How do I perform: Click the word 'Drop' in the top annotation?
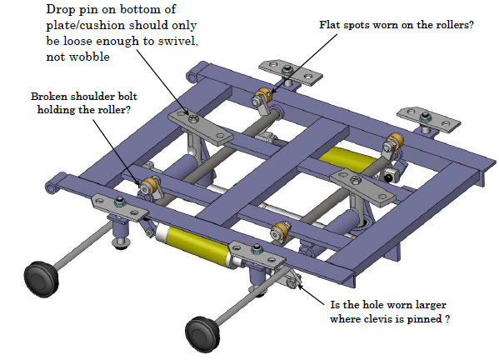[61, 10]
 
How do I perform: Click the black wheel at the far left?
[42, 279]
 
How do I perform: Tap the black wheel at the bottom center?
[202, 334]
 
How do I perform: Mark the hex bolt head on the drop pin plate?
[193, 118]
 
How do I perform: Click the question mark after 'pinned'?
[447, 318]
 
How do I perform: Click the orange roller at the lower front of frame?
[281, 230]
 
